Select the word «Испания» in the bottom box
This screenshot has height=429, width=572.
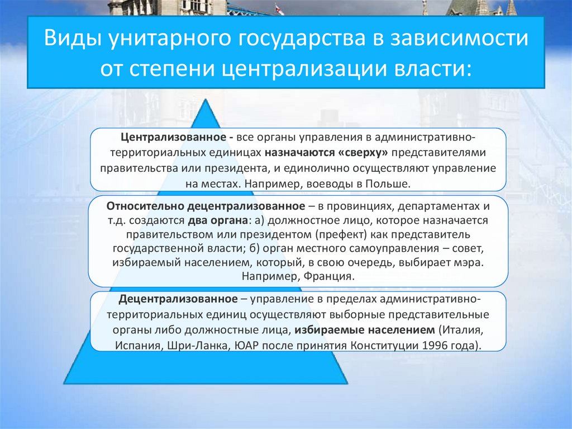[x=134, y=344]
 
